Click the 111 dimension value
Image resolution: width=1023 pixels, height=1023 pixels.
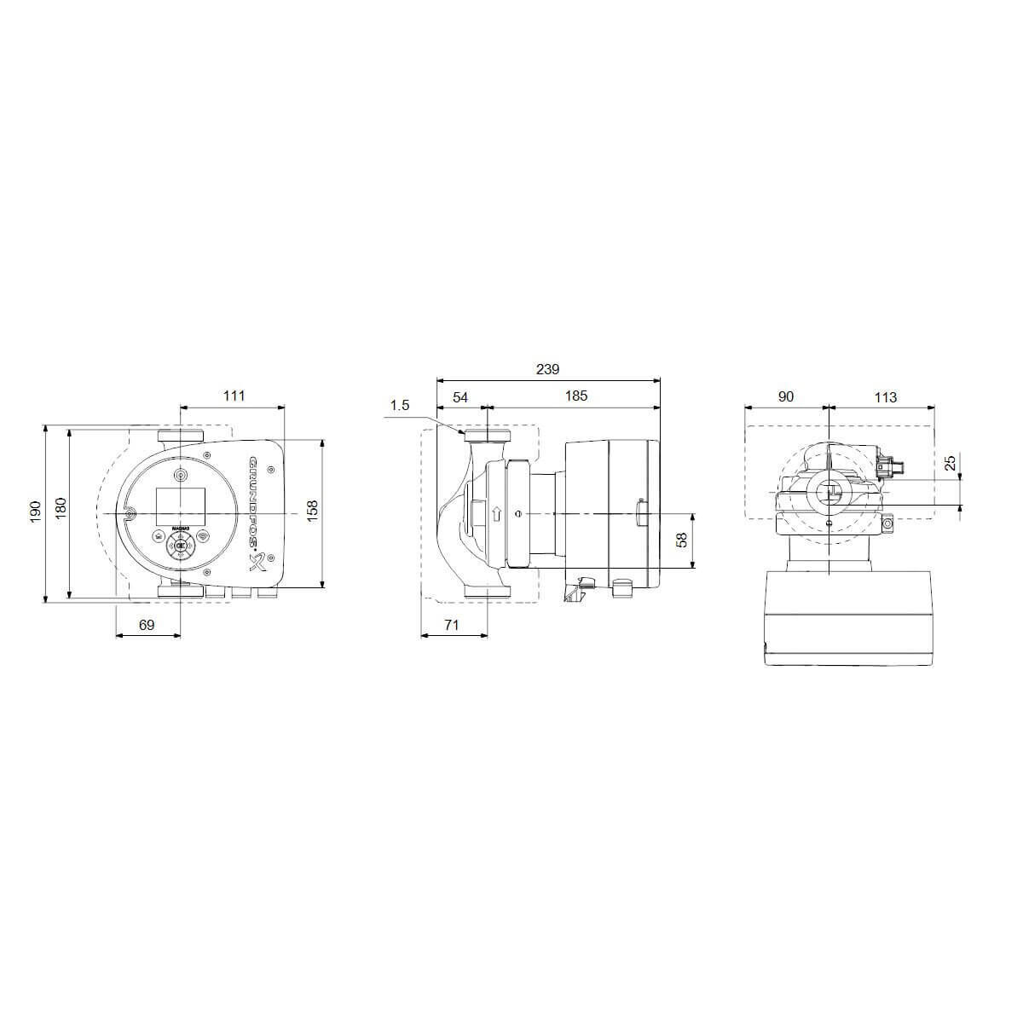click(x=234, y=396)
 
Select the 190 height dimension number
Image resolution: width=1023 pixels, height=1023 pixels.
click(x=35, y=512)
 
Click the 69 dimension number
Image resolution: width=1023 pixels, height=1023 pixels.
click(x=147, y=625)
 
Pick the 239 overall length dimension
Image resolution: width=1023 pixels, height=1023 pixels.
click(x=547, y=369)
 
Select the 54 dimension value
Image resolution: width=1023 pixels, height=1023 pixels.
click(x=459, y=396)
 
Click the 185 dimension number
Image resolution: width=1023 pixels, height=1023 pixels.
click(x=576, y=396)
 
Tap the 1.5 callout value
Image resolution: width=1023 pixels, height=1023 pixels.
click(x=400, y=406)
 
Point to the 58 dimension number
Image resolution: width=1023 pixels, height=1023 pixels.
click(x=680, y=540)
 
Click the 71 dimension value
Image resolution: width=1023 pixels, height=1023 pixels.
click(x=452, y=625)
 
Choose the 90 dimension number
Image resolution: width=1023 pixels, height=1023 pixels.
click(x=785, y=396)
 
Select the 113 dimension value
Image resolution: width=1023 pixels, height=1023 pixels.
click(x=885, y=396)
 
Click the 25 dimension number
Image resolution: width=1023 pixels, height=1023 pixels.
click(x=951, y=464)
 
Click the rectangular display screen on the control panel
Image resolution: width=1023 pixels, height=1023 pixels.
click(x=180, y=505)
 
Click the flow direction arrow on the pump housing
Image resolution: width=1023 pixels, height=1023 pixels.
click(x=495, y=514)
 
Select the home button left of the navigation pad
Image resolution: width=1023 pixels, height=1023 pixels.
click(x=159, y=536)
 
